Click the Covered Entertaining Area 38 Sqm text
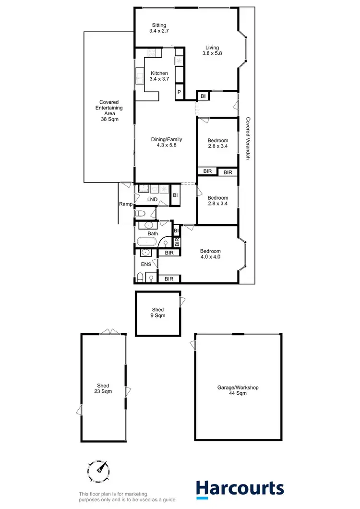tap(109, 110)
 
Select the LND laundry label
tap(153, 199)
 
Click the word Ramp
tap(125, 204)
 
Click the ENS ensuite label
tap(146, 264)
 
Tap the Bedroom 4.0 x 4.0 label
tap(210, 254)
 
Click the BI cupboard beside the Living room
tap(203, 96)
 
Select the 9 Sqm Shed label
tap(158, 313)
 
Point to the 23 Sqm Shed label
tap(103, 388)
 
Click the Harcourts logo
tap(240, 489)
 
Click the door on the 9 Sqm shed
tap(181, 301)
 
